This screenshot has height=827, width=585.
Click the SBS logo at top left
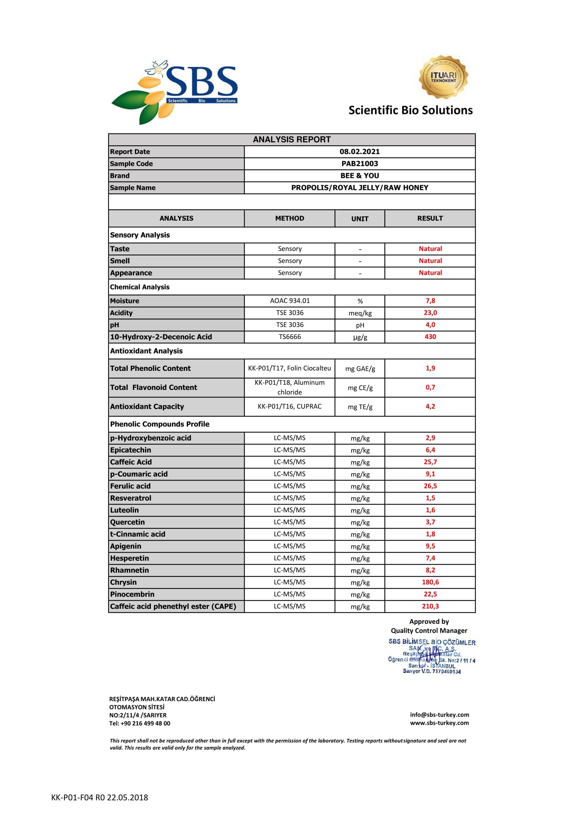[x=175, y=92]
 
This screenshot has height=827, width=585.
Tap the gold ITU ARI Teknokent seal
[x=443, y=77]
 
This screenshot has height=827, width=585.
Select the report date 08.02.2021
[x=359, y=152]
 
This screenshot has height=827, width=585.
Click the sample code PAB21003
[x=359, y=164]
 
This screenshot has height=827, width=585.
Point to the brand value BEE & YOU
[x=359, y=176]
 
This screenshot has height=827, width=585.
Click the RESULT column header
[x=430, y=218]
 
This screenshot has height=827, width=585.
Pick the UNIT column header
[x=359, y=219]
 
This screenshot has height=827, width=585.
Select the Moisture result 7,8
[x=430, y=301]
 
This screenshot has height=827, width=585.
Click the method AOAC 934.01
[x=290, y=301]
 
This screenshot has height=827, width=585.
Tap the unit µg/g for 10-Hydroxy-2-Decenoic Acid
[x=360, y=337]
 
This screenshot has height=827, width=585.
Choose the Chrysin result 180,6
[x=430, y=582]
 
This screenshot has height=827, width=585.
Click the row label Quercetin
[x=128, y=522]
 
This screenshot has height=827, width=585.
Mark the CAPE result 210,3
[x=430, y=606]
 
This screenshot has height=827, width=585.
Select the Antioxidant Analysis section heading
[x=146, y=351]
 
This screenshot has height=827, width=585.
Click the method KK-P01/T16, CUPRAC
[x=290, y=406]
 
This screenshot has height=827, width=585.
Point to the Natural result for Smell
[x=430, y=261]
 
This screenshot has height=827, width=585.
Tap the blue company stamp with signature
[x=431, y=657]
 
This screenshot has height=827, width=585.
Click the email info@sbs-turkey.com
[x=440, y=715]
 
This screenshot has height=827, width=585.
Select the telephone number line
[x=140, y=723]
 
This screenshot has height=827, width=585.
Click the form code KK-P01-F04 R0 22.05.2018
[x=99, y=797]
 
